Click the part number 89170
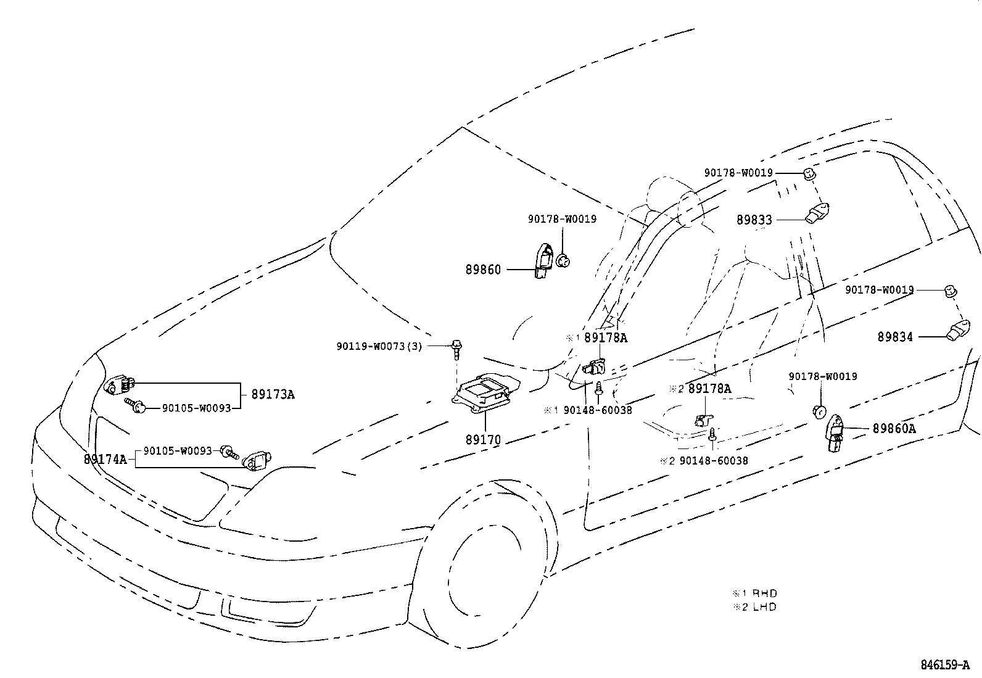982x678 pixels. [483, 440]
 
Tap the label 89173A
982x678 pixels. [273, 394]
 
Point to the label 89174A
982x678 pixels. [105, 459]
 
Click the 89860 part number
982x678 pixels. [483, 270]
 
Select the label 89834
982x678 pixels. [895, 337]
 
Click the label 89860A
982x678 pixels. [894, 429]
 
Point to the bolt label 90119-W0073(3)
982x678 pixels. [379, 346]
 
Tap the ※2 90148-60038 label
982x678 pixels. [703, 460]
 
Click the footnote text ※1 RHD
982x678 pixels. [754, 593]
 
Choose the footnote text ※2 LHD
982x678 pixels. [754, 606]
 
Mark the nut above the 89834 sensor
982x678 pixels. [951, 291]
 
